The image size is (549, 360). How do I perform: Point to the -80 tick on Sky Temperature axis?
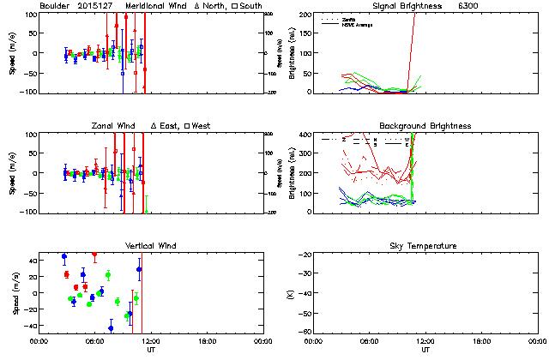click(305, 332)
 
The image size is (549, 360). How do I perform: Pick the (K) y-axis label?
click(289, 293)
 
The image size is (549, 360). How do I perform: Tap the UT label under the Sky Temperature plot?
click(425, 350)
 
